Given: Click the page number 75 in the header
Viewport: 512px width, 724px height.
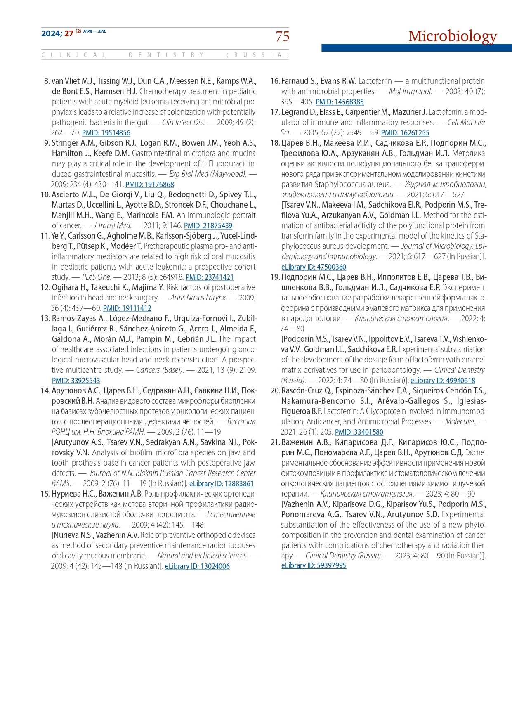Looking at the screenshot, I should coord(283,36).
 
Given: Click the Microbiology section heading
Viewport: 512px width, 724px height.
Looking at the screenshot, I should coord(453,36).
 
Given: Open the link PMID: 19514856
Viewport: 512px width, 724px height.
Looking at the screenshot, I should coord(106,133).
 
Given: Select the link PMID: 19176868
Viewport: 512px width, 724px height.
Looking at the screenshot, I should coord(150,185).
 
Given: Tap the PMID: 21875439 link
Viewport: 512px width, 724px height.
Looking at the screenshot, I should coord(208,226).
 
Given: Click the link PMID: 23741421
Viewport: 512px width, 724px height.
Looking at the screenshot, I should coord(210,277).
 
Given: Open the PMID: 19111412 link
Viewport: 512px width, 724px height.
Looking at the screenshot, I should coord(127,308).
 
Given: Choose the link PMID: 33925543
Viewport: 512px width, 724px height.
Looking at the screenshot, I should coord(76,381).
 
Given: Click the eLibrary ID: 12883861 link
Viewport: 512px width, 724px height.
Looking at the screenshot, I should coord(222,484).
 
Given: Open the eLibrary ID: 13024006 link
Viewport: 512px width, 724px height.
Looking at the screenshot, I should coord(197,566).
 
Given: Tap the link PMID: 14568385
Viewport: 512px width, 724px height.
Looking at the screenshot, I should coord(340,102).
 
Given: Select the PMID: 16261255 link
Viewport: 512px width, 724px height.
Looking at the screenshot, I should coord(405,133).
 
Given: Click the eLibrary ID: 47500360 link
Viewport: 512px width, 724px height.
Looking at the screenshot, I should coord(314,267).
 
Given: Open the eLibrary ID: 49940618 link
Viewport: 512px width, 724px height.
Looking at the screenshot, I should coord(443,381).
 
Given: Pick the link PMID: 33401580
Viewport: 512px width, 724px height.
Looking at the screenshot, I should coord(359,432).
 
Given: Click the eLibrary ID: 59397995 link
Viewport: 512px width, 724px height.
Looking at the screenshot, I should coord(314,565).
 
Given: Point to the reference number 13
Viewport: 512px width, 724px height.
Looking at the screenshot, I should coord(45,319).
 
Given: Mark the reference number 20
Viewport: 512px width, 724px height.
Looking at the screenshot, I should coord(275,391).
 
